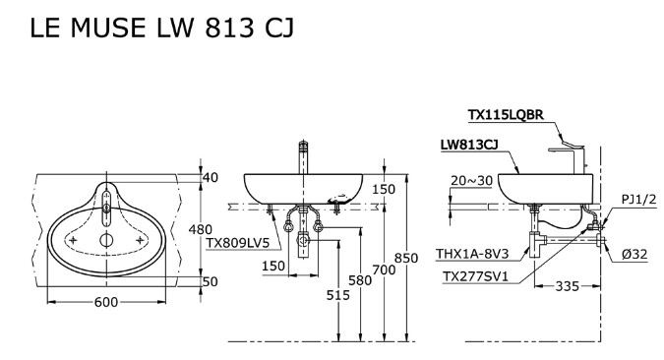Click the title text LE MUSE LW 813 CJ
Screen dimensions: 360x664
pyautogui.click(x=162, y=30)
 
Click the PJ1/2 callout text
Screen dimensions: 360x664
pyautogui.click(x=637, y=199)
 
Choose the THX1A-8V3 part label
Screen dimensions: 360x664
pyautogui.click(x=472, y=254)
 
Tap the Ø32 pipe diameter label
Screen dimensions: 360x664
pyautogui.click(x=634, y=254)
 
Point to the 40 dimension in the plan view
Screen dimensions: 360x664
pyautogui.click(x=210, y=178)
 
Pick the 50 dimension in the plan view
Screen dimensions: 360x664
pyautogui.click(x=210, y=281)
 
